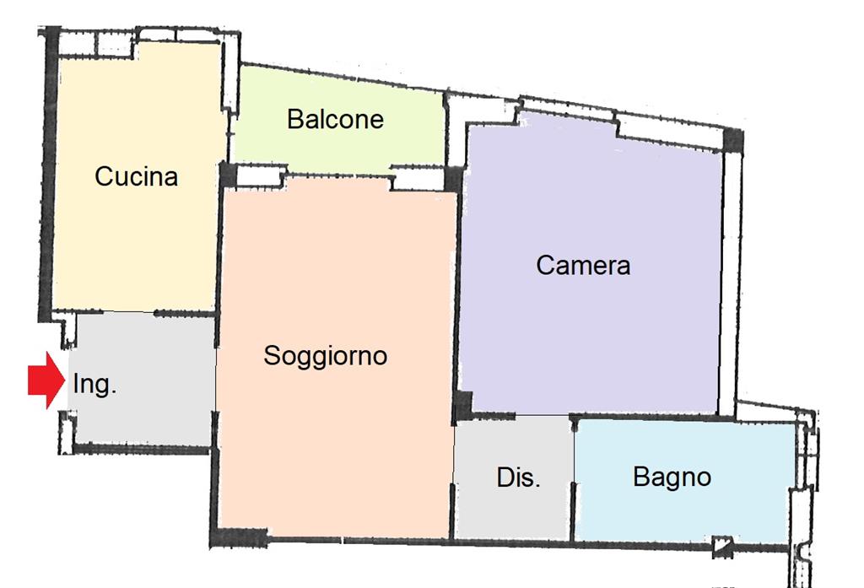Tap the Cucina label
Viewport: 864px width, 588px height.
136,176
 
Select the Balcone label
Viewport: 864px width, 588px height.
335,119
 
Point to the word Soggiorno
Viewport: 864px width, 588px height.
325,355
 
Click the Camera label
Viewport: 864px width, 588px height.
583,265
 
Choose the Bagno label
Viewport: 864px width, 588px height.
672,477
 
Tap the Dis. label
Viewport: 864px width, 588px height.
518,477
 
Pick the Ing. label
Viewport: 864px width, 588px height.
94,385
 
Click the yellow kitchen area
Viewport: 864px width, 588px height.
135,245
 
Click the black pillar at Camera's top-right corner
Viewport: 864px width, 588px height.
733,140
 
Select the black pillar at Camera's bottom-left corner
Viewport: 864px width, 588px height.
462,406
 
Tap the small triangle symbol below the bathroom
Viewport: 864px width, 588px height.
721,547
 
